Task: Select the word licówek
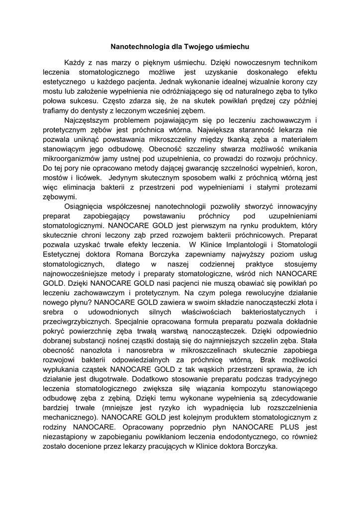coord(88,176)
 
